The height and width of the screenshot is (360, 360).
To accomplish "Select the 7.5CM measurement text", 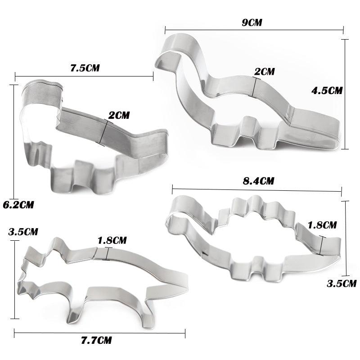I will pyautogui.click(x=85, y=68).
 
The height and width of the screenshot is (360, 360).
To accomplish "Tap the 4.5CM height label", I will pyautogui.click(x=327, y=90).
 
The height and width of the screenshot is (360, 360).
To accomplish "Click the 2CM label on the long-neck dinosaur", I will pyautogui.click(x=264, y=72).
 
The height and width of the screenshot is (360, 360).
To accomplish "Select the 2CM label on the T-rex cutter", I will pyautogui.click(x=119, y=115).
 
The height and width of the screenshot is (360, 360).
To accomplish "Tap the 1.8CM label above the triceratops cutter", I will pyautogui.click(x=112, y=240).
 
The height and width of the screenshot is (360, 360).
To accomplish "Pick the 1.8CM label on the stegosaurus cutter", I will pyautogui.click(x=322, y=225).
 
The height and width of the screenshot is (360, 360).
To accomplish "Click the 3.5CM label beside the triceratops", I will pyautogui.click(x=23, y=233).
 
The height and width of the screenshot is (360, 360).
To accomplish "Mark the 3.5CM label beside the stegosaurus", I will pyautogui.click(x=342, y=283).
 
